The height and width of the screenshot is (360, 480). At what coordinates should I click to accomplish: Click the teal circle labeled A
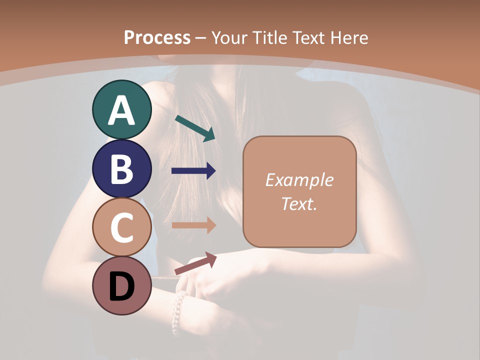tap(122, 109)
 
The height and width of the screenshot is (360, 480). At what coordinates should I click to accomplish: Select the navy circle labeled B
tap(122, 168)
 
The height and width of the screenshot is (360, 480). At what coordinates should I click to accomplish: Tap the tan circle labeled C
tap(122, 227)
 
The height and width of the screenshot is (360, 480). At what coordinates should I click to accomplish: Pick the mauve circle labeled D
tap(122, 286)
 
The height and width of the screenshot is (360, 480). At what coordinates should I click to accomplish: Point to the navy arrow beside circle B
tap(193, 171)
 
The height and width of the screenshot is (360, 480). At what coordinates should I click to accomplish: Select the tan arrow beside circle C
tap(193, 225)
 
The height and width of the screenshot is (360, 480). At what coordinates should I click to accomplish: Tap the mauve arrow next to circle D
tap(195, 263)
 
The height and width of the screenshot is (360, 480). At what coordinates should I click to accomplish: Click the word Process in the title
tap(157, 37)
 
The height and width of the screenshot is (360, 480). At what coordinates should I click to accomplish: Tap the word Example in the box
tap(299, 180)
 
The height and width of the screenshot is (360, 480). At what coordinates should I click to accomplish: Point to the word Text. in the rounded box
tap(299, 203)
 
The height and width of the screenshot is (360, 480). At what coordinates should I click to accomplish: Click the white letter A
tap(122, 110)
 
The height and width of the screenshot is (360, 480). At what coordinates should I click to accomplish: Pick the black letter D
tap(122, 287)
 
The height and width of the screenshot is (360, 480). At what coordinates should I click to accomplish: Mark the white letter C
tap(122, 228)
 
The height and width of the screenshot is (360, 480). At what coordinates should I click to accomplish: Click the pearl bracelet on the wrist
tap(178, 312)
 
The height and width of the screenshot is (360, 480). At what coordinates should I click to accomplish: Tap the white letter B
tap(122, 169)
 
